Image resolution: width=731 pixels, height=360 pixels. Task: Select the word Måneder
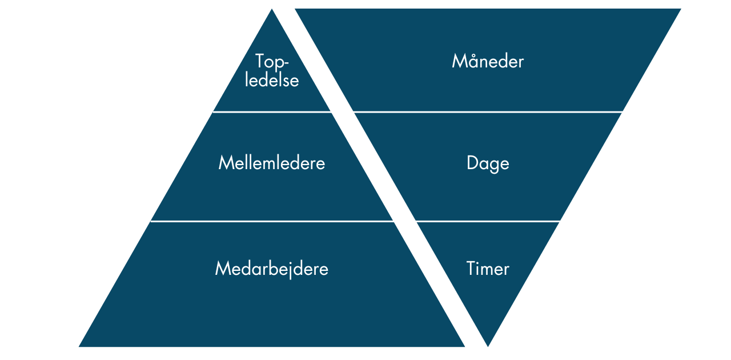[488, 61]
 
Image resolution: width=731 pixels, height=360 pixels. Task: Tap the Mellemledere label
[272, 163]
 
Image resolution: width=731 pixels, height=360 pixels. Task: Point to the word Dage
[488, 163]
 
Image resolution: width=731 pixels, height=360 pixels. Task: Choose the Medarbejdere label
[272, 269]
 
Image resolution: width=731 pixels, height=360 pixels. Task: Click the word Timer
[488, 269]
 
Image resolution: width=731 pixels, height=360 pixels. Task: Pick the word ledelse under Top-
[272, 80]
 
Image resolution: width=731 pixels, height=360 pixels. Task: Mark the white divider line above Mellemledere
[272, 112]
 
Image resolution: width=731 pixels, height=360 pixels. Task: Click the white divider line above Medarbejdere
[272, 221]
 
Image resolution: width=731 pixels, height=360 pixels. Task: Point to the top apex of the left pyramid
[272, 10]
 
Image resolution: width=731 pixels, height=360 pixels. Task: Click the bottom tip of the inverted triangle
[488, 346]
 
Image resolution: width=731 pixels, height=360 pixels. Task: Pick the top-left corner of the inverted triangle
[296, 9]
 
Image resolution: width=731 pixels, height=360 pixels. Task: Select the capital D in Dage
[472, 163]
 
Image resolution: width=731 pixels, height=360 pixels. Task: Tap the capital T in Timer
[471, 269]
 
